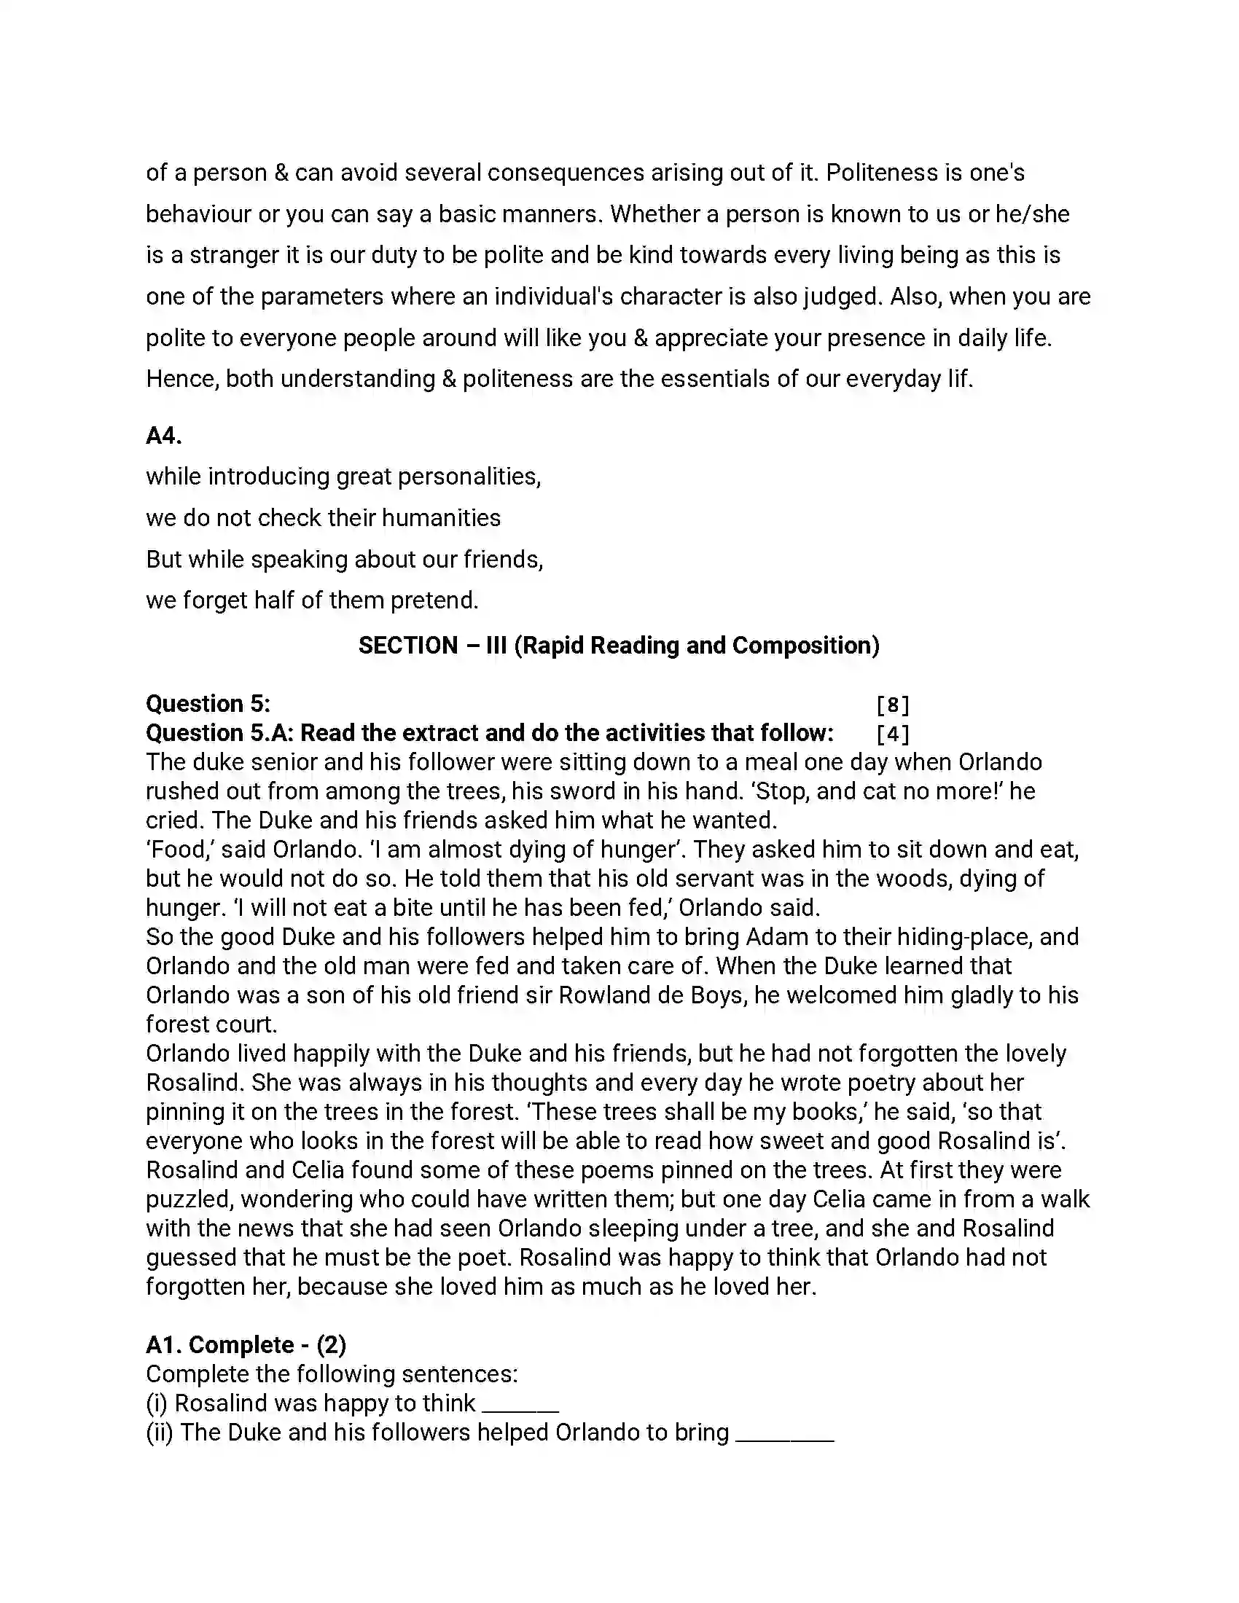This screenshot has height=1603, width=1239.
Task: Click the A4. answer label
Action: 164,436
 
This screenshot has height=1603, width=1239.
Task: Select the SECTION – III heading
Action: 619,646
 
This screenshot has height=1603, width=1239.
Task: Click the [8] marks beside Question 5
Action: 893,705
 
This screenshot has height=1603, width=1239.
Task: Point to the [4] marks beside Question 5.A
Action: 893,734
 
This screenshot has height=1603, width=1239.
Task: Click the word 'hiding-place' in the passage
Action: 961,937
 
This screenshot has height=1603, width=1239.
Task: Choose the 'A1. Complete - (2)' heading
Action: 246,1344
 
